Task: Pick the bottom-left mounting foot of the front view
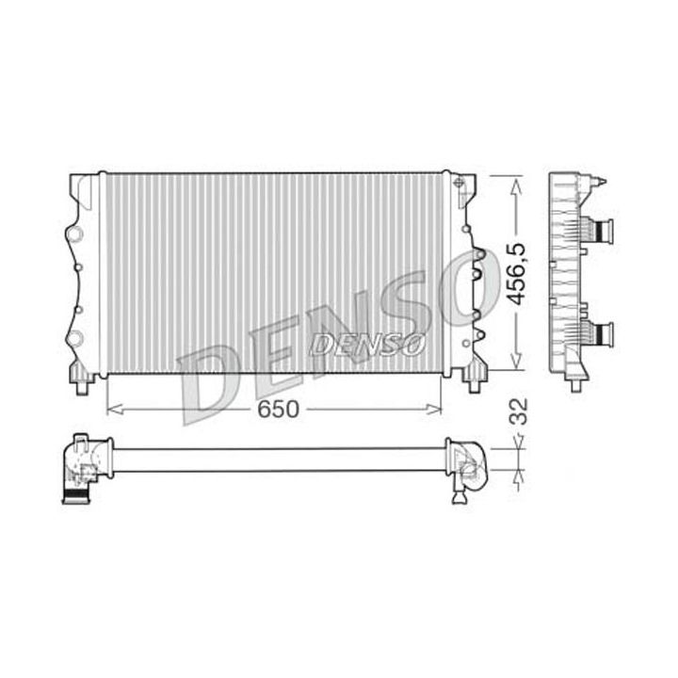pos(82,381)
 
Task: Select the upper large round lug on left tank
pos(73,233)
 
